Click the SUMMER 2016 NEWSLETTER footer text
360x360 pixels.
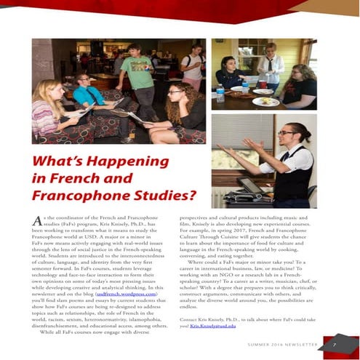[282, 344]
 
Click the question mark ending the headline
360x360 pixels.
[192, 195]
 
